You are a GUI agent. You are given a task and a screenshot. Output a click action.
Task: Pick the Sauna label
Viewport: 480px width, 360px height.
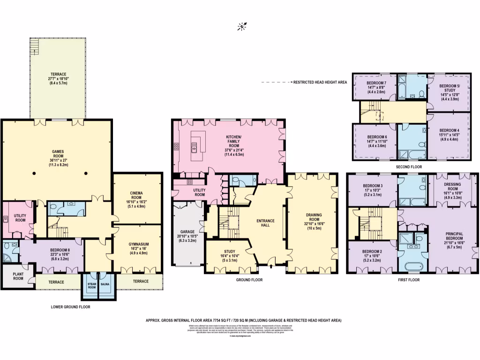coord(105,284)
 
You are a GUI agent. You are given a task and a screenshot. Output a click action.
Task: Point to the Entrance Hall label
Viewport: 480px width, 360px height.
coord(265,223)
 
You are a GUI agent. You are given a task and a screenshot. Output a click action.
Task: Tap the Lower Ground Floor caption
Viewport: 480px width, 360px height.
coord(70,307)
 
